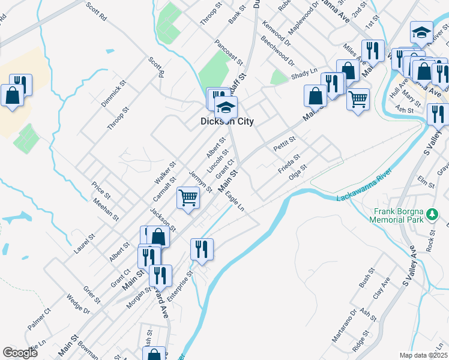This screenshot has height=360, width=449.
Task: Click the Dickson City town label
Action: tap(227, 121)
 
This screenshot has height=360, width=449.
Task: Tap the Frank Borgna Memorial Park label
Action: tap(408, 215)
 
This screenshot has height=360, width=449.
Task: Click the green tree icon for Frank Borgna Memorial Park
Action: tap(432, 214)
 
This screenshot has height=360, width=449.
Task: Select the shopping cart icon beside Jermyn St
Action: tap(188, 197)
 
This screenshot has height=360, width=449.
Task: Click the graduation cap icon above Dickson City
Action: tap(226, 107)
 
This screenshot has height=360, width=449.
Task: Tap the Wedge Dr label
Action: tap(78, 305)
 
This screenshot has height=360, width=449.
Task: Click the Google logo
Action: tap(20, 353)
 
